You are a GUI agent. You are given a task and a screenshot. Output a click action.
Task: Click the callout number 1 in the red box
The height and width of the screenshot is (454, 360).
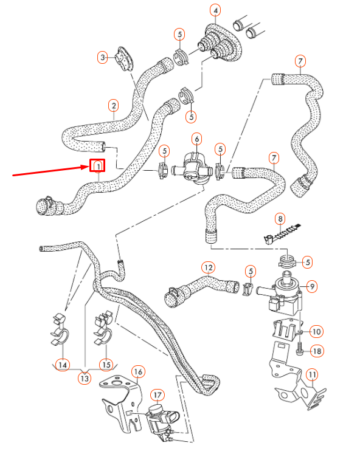point(97,166)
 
